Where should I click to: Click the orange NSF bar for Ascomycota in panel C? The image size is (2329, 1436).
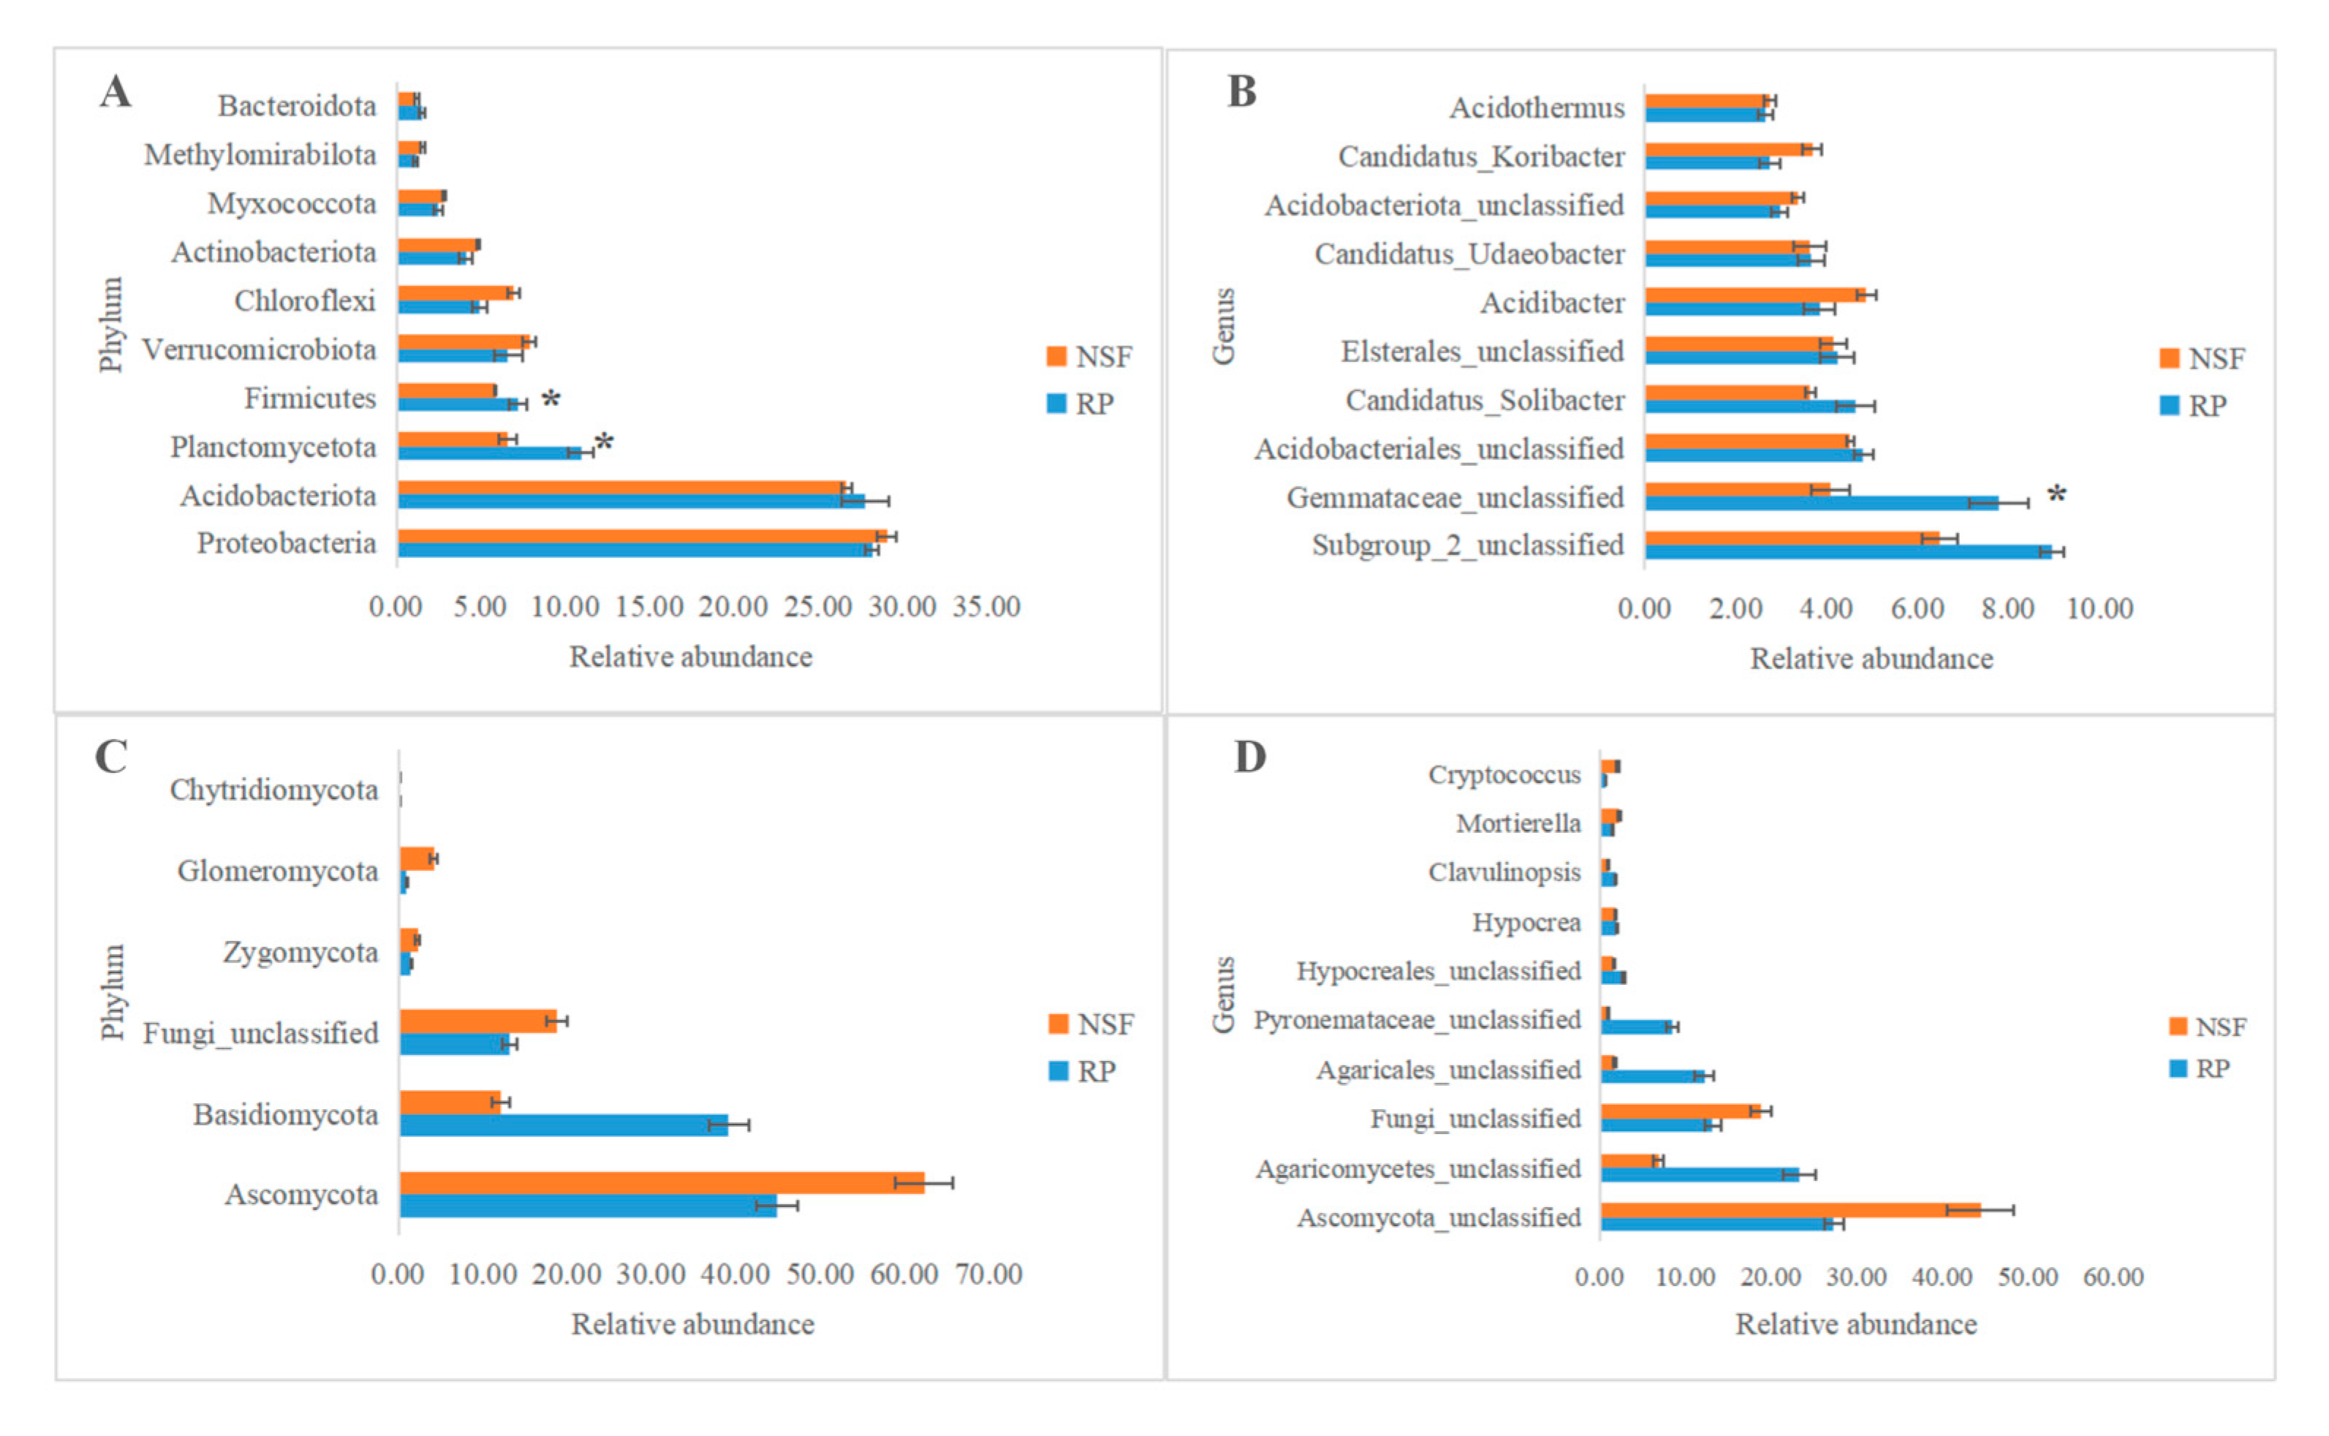[662, 1182]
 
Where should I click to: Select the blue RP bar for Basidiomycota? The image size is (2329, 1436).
[564, 1125]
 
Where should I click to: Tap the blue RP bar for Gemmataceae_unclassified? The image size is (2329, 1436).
[1822, 502]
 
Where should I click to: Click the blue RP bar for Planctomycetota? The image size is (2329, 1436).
[490, 453]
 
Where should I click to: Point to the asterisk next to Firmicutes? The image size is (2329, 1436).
[550, 400]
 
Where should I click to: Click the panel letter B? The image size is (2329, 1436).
[1242, 92]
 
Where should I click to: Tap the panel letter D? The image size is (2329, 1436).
[1249, 757]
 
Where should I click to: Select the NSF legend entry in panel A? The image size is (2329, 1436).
[1089, 357]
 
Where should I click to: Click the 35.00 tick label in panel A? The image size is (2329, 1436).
[986, 607]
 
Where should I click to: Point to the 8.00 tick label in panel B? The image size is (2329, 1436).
[2008, 609]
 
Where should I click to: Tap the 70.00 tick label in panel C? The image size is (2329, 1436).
[988, 1274]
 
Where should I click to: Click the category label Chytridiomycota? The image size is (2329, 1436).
[273, 790]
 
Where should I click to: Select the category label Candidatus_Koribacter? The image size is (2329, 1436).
[1481, 156]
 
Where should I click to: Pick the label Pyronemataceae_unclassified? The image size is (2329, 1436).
[1417, 1021]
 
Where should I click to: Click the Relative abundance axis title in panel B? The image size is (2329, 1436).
[1871, 659]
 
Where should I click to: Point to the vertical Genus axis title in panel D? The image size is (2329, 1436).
[1224, 994]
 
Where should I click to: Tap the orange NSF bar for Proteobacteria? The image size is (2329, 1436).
[643, 537]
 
